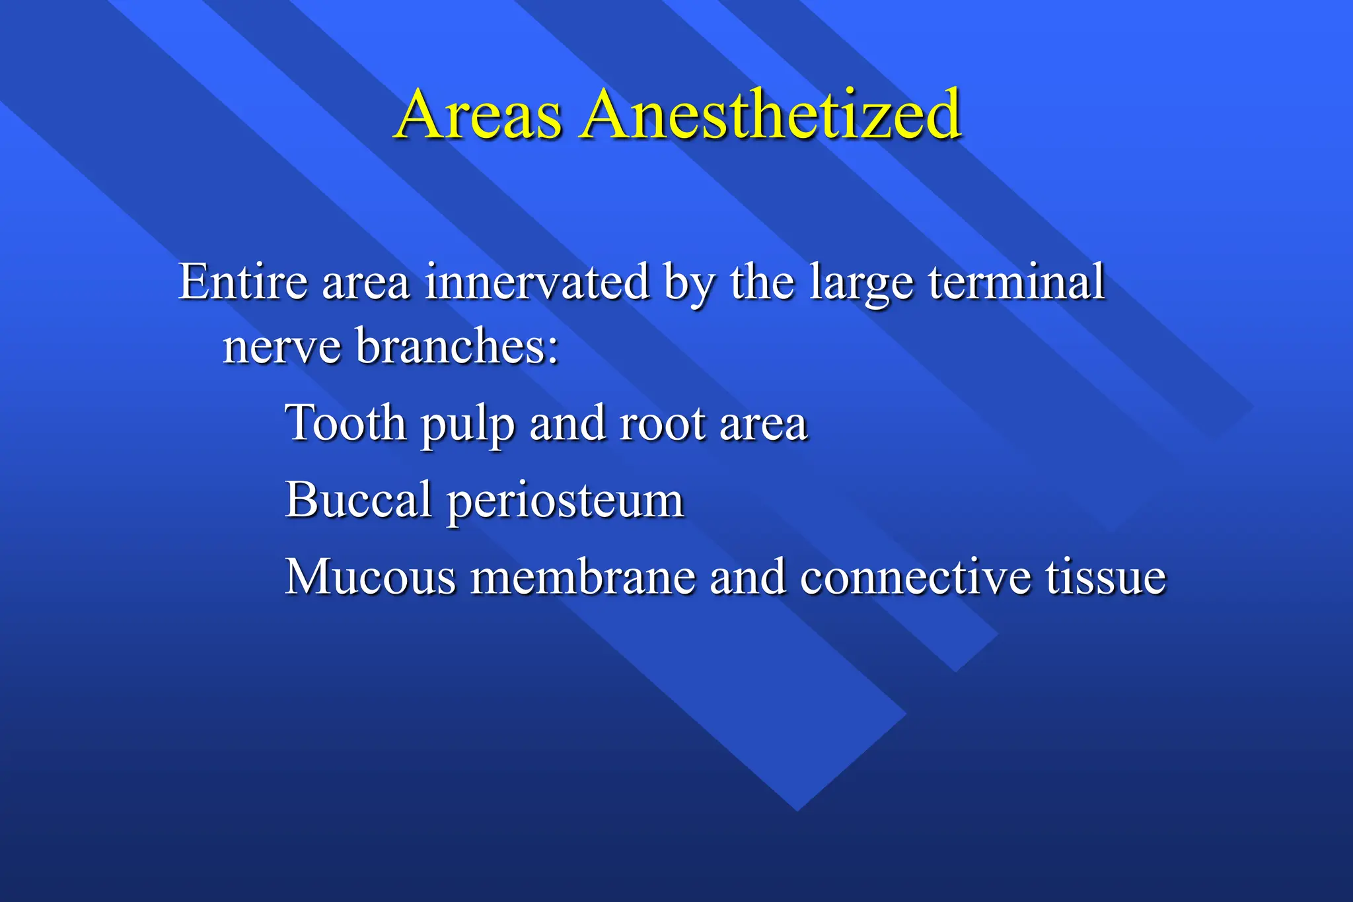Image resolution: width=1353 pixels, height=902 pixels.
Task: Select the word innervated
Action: [537, 282]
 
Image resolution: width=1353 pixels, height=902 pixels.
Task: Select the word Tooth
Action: [346, 423]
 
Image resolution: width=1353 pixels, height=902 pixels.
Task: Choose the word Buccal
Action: [358, 499]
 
